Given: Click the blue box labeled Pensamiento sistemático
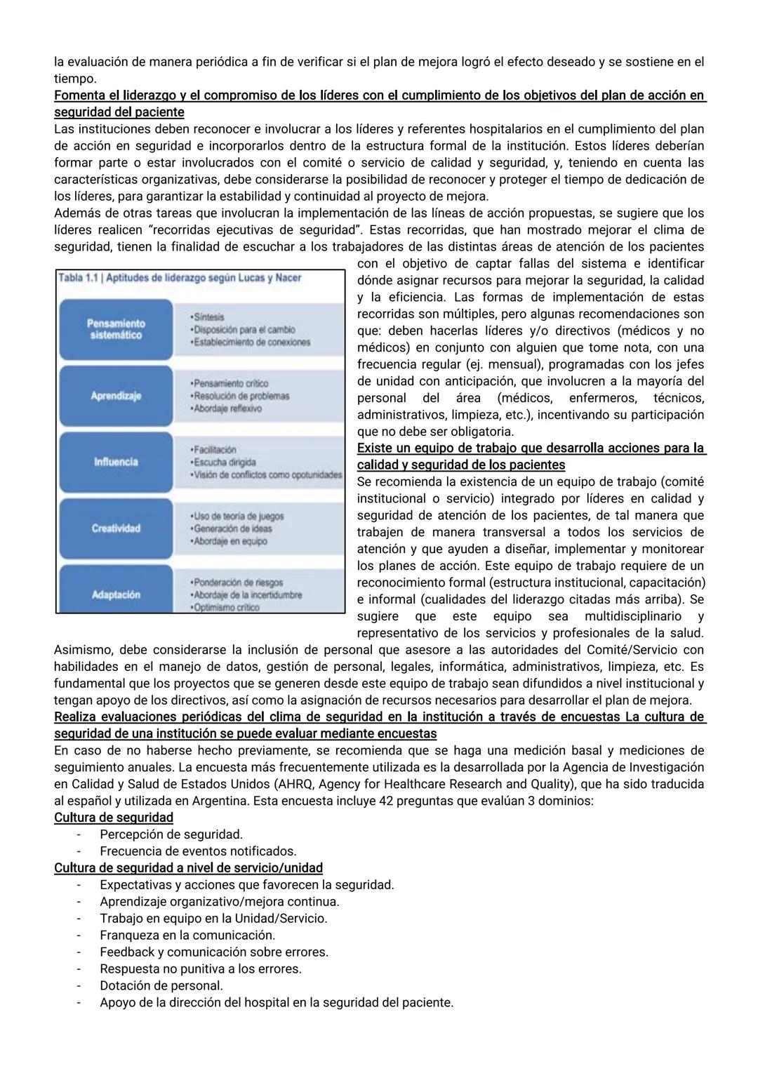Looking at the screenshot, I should pos(116,329).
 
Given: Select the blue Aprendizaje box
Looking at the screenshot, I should pos(116,396).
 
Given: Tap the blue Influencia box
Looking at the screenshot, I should pos(116,462).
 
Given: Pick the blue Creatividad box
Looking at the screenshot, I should pos(116,528).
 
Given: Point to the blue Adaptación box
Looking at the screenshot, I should pos(116,594).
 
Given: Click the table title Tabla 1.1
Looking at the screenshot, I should pos(180,278).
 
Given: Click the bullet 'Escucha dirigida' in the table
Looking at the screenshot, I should pos(222,463).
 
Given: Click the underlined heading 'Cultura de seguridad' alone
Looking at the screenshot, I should pos(114,818).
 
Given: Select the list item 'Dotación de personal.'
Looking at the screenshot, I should pos(161,985).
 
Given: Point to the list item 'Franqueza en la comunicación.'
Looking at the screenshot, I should pos(187,935).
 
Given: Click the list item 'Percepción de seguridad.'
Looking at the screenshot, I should pos(171,834).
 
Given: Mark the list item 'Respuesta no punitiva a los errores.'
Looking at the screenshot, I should pos(200,969).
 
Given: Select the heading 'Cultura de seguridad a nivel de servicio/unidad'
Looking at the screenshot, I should pos(188,868).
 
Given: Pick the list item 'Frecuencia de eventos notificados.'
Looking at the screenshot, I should pos(198,851).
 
